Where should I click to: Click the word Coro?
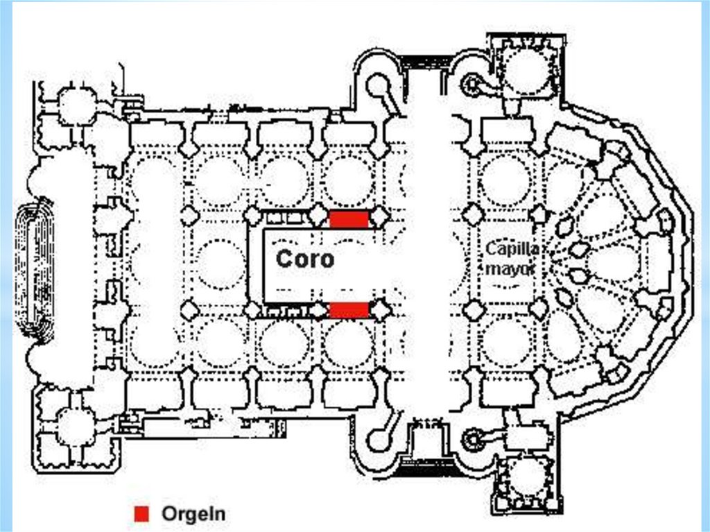point(304,259)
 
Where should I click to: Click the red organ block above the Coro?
point(348,219)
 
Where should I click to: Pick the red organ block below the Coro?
point(348,309)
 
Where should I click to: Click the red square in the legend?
point(142,513)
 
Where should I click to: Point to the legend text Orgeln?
point(193,514)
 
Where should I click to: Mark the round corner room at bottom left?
point(75,427)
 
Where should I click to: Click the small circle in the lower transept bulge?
point(379,439)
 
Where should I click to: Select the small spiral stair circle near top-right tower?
point(474,85)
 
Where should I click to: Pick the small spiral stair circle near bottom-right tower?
point(474,438)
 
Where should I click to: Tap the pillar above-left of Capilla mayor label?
point(474,215)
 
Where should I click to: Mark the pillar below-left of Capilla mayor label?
point(474,310)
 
